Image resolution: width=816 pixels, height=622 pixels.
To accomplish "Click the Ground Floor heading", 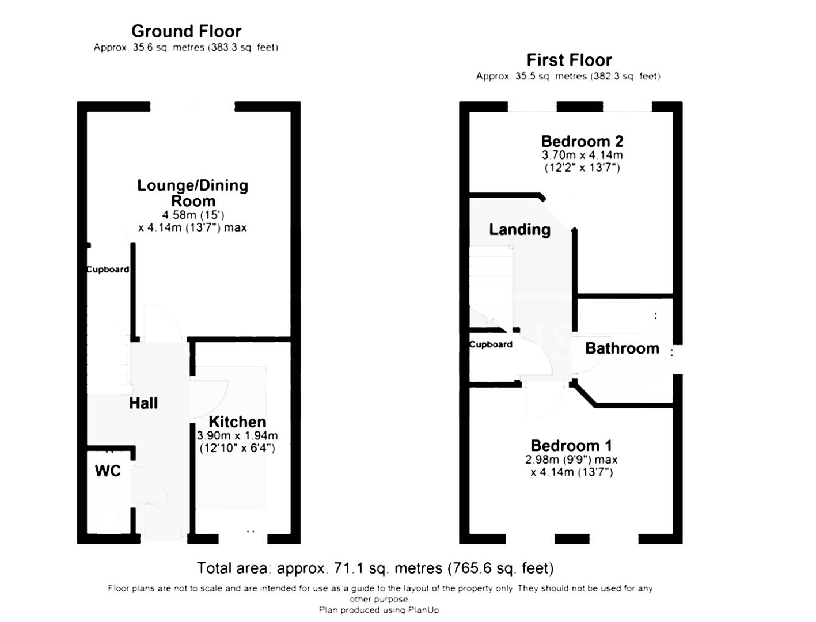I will click(186, 31).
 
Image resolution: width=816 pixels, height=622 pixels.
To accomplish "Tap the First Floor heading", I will click(569, 60).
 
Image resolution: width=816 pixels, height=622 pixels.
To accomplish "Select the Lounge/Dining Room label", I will click(193, 193).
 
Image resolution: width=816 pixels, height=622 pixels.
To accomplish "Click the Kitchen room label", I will click(237, 422).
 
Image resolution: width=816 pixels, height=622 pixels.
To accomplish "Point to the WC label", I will click(108, 471).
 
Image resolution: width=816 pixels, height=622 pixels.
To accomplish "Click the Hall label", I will click(143, 403).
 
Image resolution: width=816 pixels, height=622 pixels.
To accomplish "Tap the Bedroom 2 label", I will click(582, 141).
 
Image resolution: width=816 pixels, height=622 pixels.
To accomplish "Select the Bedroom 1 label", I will click(571, 445).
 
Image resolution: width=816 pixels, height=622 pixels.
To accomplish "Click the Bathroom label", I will click(622, 348).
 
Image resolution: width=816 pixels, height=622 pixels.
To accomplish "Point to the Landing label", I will click(519, 230).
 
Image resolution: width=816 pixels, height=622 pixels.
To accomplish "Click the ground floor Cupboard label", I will click(108, 270).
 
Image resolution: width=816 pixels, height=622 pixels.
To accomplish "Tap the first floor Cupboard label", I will click(491, 344).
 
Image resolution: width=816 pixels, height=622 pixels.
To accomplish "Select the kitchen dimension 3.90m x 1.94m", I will click(237, 436).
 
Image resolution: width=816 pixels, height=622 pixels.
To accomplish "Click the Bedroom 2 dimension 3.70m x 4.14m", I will click(582, 155).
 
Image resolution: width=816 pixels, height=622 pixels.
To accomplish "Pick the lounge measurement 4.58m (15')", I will click(193, 215).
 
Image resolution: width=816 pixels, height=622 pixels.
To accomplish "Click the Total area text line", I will click(375, 568).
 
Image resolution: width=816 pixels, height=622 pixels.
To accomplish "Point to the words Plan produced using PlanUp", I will click(378, 610).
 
